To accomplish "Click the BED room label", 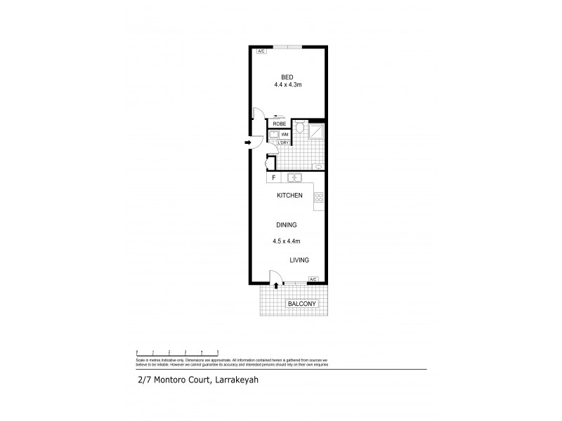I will pos(287,77).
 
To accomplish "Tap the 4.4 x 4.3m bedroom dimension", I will pos(287,85).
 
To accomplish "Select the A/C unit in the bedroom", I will pos(261,51).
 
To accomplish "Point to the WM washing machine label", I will pos(285,134).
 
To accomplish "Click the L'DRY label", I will pos(283,143).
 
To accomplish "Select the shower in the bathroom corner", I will pos(318,131).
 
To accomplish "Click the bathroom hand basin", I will pos(318,167).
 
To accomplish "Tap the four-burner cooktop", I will pos(318,198).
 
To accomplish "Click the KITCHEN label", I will pos(289,196).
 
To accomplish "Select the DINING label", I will pos(287,225).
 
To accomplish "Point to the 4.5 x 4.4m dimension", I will pos(287,242).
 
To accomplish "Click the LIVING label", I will pos(299,260).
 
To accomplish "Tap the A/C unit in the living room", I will pos(313,279).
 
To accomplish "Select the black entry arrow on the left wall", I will pos(248,143).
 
